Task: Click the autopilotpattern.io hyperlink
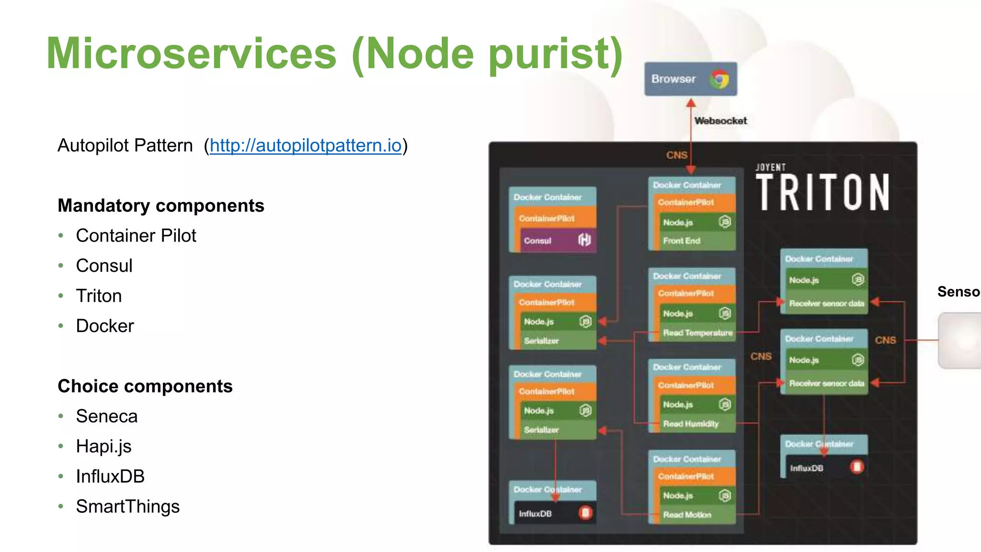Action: [x=305, y=145]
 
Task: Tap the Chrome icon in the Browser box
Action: [x=719, y=79]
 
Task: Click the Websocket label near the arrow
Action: [x=720, y=121]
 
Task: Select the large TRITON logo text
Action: [x=822, y=193]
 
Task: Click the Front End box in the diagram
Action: [x=692, y=241]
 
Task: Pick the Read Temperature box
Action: [x=697, y=333]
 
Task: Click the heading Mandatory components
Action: [x=161, y=206]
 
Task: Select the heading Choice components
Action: [x=145, y=386]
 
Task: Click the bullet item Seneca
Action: [x=107, y=416]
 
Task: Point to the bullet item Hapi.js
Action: [x=104, y=446]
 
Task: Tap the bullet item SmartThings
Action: [x=128, y=506]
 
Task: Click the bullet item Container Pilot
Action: [x=136, y=236]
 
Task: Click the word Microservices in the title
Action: [x=192, y=54]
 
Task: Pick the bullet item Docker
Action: [x=105, y=326]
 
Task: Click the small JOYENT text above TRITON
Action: [x=770, y=167]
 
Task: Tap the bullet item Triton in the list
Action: [x=99, y=296]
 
